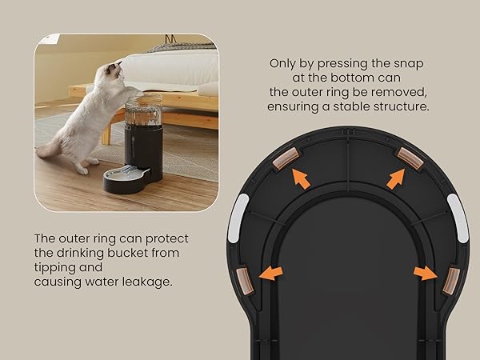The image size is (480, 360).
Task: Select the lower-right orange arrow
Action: [x=425, y=274]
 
